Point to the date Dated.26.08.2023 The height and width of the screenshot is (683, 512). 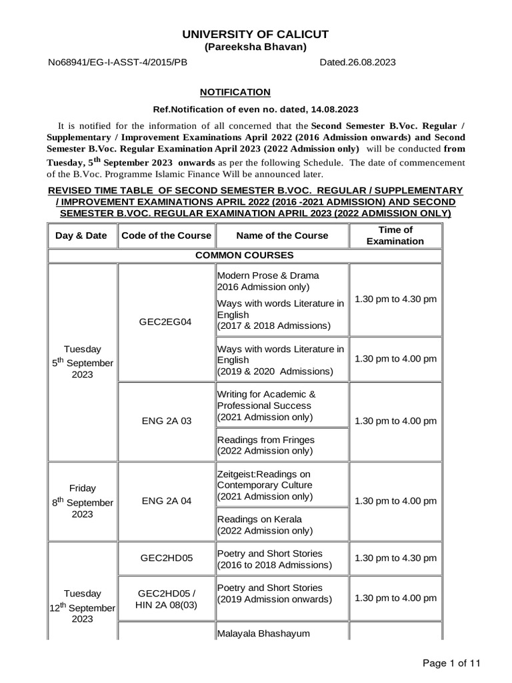pos(357,62)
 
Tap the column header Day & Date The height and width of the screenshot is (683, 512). pos(81,235)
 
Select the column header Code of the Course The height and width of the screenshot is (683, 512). pos(165,235)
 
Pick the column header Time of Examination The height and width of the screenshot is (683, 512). pos(395,235)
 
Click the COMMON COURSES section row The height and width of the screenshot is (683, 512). pos(245,255)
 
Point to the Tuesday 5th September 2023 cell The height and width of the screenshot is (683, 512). pos(82,362)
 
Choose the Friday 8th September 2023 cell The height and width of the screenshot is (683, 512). pos(82,501)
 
